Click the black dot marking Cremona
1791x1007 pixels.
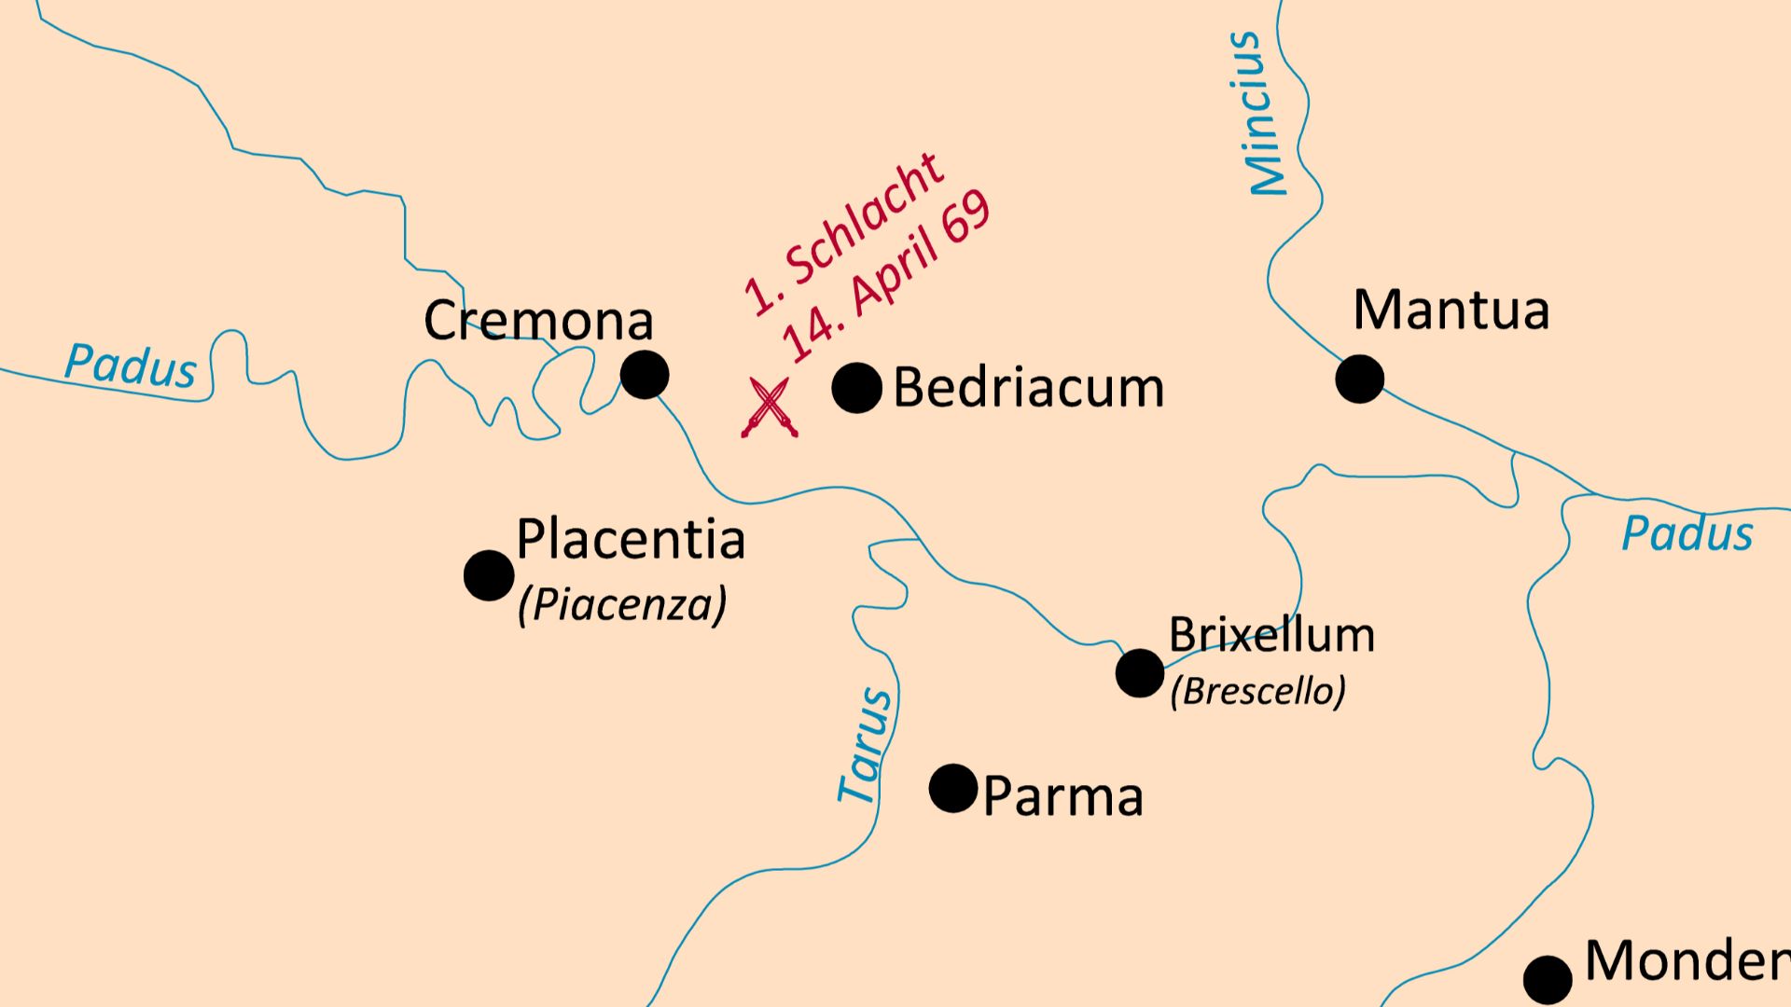point(645,375)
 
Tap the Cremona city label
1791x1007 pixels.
point(538,320)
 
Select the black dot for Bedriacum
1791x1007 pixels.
point(856,388)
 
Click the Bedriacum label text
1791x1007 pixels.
point(1028,388)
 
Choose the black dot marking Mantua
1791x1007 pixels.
point(1359,379)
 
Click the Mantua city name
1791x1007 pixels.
point(1451,310)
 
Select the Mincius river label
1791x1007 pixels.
point(1258,114)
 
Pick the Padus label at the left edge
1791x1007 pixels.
point(131,365)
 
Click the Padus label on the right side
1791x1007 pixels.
point(1687,534)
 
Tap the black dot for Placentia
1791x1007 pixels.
point(489,574)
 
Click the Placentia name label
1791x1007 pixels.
point(631,539)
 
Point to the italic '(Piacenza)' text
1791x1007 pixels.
point(622,605)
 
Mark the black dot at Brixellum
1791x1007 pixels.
point(1140,672)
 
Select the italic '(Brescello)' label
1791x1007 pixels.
point(1257,691)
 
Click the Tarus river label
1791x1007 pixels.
point(865,746)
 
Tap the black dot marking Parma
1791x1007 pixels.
point(953,788)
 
